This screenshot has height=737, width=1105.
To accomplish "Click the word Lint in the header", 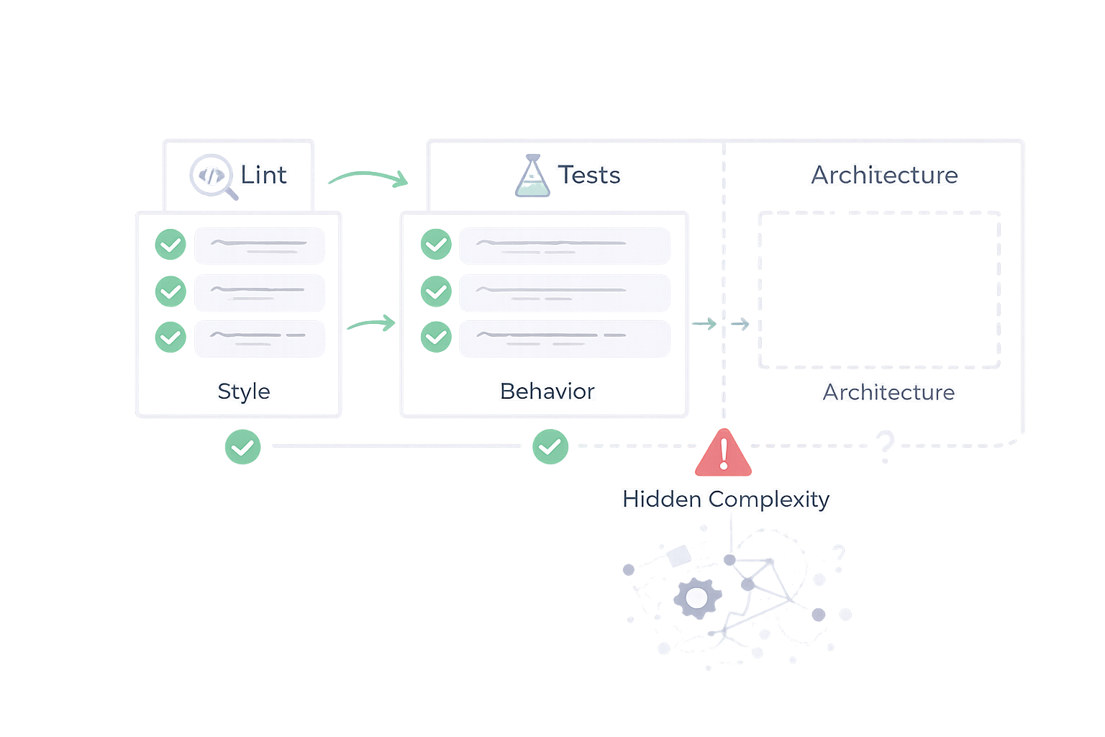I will click(x=263, y=175).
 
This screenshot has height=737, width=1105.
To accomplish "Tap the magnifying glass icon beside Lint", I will click(x=214, y=176).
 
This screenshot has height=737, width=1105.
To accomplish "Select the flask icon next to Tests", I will click(x=532, y=176).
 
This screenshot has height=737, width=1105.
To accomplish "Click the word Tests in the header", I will click(x=589, y=175).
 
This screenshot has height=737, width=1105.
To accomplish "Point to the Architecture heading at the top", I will click(x=884, y=175).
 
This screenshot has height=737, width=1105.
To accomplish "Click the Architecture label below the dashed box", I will click(x=888, y=392).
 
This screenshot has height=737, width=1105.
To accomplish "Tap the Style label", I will click(x=244, y=392).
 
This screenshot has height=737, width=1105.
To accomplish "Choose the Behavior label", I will click(x=547, y=392).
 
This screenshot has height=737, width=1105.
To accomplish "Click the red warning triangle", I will click(x=724, y=454).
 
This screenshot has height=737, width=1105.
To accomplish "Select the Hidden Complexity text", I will click(x=726, y=499).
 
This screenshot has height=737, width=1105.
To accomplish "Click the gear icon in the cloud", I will click(x=696, y=598).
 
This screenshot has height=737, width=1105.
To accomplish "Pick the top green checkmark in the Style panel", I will click(x=170, y=245).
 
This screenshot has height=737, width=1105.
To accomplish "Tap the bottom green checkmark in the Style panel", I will click(x=170, y=337).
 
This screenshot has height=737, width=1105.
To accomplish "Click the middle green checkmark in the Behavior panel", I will click(x=436, y=291).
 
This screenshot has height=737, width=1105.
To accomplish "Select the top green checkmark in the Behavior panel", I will click(x=436, y=245).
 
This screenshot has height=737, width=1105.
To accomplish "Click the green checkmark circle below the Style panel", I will click(x=242, y=447).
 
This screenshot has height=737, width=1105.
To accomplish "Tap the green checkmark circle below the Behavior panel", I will click(x=550, y=447).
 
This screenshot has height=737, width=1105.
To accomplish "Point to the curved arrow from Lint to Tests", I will click(x=368, y=177).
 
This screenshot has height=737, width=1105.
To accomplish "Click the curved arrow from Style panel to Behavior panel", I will click(x=371, y=325).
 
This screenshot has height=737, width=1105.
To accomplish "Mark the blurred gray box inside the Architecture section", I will click(x=879, y=290).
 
